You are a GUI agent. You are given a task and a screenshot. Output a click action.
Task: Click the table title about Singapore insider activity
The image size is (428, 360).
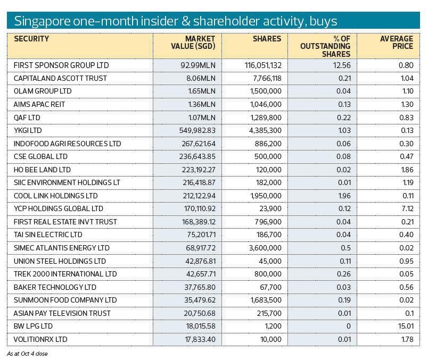coord(175,21)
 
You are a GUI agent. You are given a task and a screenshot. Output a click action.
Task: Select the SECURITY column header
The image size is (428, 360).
coord(31,39)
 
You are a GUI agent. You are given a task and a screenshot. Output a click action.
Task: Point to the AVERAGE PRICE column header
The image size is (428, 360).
coord(397,43)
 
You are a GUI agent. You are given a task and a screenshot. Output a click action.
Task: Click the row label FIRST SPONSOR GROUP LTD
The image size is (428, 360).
coord(61,65)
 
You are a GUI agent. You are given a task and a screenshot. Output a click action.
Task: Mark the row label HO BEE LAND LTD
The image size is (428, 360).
coord(42,170)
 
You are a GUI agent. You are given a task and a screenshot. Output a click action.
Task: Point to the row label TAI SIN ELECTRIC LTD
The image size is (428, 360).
coord(48,235)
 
